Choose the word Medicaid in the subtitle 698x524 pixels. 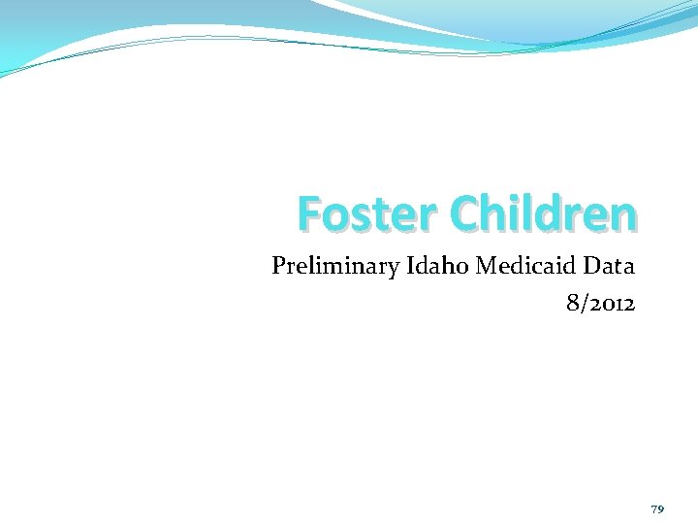(523, 266)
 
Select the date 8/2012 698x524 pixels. (600, 304)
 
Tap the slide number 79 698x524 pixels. (657, 509)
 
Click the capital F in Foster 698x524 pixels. (309, 214)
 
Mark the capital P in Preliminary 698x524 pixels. (278, 266)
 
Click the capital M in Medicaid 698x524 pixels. (483, 266)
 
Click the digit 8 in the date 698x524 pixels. (573, 304)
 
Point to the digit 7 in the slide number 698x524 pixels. (654, 509)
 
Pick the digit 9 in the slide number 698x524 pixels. (661, 509)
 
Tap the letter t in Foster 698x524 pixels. (377, 214)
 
